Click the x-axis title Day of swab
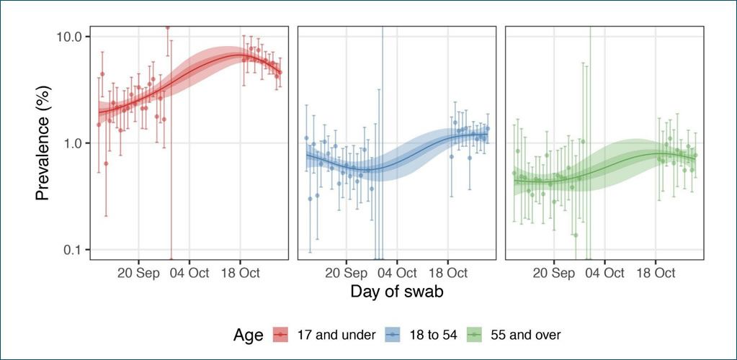[x=396, y=292]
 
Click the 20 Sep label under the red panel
[x=138, y=274]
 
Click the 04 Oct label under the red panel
[x=189, y=274]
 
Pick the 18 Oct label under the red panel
[x=240, y=274]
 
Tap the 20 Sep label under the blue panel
[x=346, y=274]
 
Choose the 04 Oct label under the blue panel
[x=397, y=274]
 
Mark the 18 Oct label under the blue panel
[x=447, y=274]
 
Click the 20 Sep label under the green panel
[x=554, y=274]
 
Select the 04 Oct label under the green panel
[x=604, y=274]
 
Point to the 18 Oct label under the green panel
[x=656, y=274]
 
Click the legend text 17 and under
[x=335, y=334]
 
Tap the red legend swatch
[x=280, y=334]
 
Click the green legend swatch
[x=474, y=334]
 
